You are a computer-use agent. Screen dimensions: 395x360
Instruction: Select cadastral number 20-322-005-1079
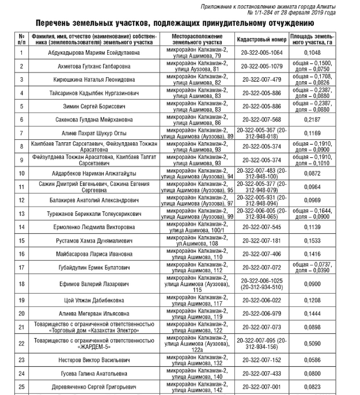(262, 66)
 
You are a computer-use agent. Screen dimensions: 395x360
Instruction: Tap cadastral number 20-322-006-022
(262, 301)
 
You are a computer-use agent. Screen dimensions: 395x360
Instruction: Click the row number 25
(21, 388)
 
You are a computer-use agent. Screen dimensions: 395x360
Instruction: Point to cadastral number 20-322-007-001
(262, 388)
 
